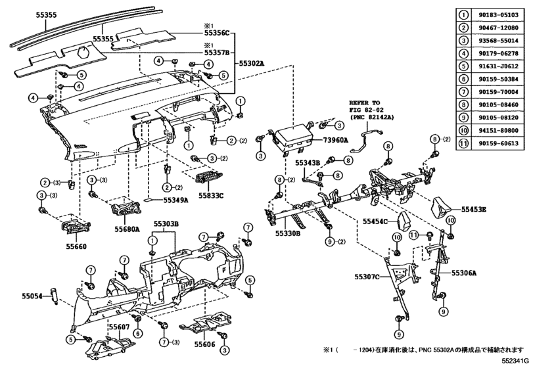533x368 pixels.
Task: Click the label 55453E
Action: pos(473,210)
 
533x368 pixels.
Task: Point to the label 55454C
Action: pos(375,221)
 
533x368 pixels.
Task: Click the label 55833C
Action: pos(211,196)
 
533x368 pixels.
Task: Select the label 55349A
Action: pos(175,200)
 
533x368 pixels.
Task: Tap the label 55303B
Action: pos(166,223)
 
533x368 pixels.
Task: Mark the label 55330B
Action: pos(288,233)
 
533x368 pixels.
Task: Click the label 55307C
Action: pos(367,277)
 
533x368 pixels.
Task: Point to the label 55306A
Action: pos(464,273)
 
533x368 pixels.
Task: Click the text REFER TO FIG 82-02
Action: pos(365,106)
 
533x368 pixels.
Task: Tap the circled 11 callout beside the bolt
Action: pos(413,235)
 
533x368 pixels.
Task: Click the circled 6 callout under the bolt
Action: pos(137,334)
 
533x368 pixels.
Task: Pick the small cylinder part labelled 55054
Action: pos(54,295)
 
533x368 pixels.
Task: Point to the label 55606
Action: pos(204,344)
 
